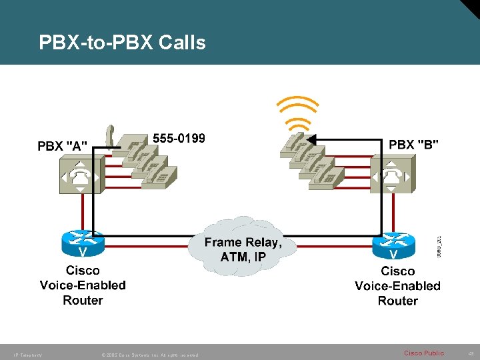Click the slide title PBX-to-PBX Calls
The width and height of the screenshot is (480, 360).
click(122, 43)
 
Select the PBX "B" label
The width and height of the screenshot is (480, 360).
click(413, 144)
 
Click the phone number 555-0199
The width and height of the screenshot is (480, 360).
click(179, 138)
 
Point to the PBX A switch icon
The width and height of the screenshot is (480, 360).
click(80, 175)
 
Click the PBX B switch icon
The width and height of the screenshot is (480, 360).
click(392, 175)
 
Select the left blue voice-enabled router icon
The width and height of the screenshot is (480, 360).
click(83, 243)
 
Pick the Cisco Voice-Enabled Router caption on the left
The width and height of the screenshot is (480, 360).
click(83, 285)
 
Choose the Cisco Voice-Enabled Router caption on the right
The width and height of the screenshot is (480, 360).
click(397, 286)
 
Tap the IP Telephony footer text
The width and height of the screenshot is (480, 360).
click(27, 355)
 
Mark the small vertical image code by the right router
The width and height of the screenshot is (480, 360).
click(438, 245)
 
